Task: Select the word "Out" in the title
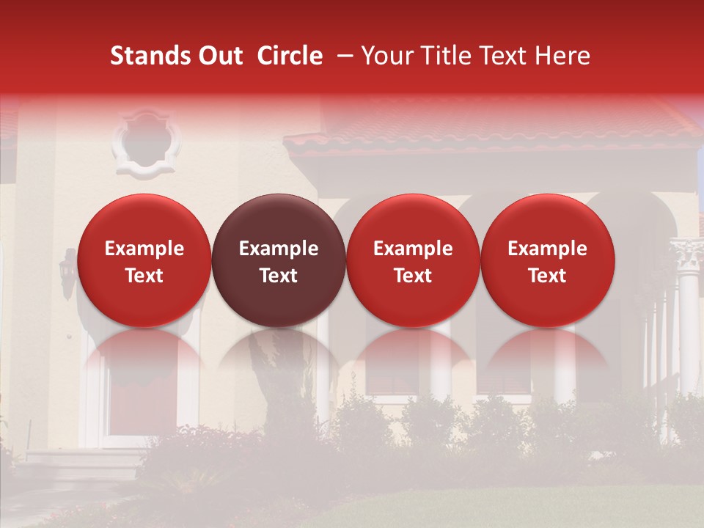(219, 56)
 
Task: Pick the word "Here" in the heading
(564, 56)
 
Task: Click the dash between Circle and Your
(341, 56)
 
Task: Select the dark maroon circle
(279, 260)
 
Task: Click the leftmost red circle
(144, 260)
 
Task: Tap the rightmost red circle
(548, 260)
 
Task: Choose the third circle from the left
(413, 260)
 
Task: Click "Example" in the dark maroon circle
(279, 249)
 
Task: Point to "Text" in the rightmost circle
(548, 276)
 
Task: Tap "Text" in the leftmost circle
(144, 276)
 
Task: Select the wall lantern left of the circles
(68, 271)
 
